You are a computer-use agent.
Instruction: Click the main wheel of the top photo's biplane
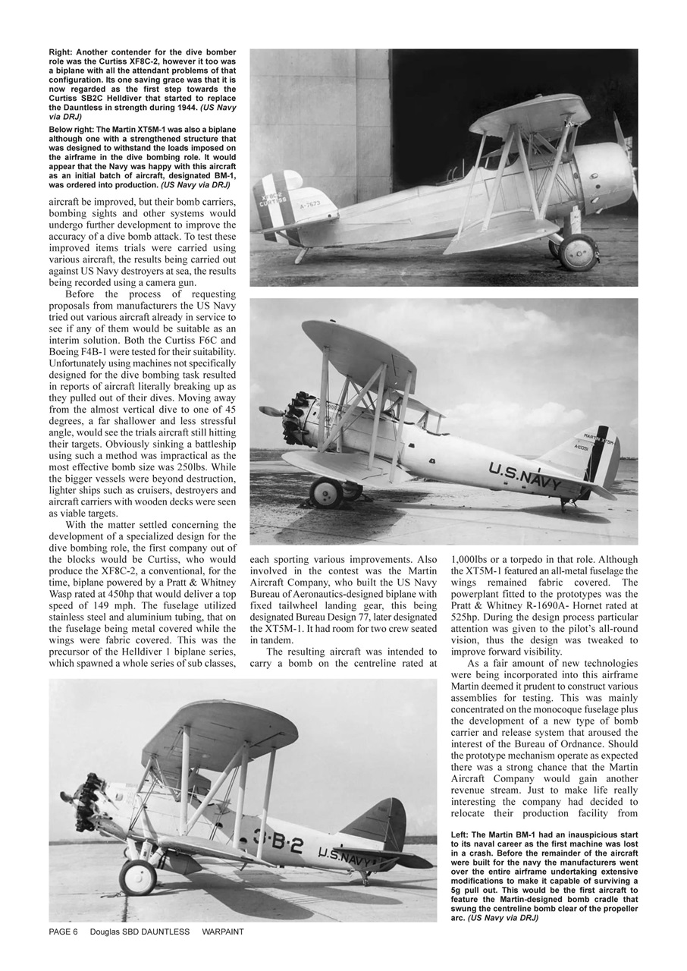pyautogui.click(x=577, y=252)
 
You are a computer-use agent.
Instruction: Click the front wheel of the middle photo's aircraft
pyautogui.click(x=326, y=493)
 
